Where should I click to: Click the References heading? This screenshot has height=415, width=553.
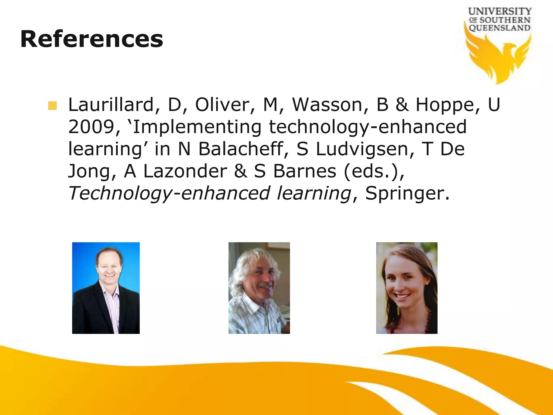(x=92, y=39)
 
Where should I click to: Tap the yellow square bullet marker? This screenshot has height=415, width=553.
(x=52, y=106)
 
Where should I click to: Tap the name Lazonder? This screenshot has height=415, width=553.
(x=185, y=171)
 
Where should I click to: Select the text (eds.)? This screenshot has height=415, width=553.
(x=374, y=171)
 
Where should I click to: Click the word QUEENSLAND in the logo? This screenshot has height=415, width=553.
(x=500, y=28)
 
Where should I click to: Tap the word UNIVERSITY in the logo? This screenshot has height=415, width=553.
(x=500, y=11)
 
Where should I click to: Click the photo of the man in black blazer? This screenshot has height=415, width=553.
(x=106, y=288)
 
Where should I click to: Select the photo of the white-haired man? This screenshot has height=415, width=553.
(x=259, y=288)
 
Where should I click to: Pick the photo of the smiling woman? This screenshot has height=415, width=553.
(x=407, y=288)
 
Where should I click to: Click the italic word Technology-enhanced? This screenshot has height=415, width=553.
(x=169, y=193)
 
